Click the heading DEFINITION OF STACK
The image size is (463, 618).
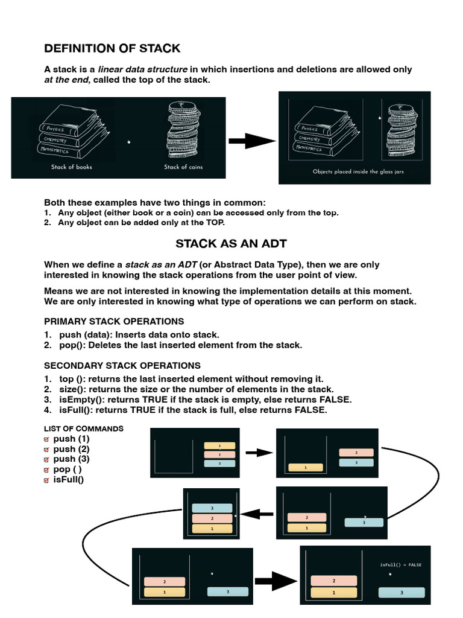[112, 48]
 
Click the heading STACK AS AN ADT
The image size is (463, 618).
[231, 243]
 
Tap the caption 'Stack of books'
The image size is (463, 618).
[71, 167]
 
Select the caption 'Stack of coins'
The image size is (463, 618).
[183, 167]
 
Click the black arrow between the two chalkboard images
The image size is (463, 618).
[251, 141]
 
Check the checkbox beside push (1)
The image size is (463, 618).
[48, 439]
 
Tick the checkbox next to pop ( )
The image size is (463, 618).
[48, 470]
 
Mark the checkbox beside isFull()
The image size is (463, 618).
[48, 480]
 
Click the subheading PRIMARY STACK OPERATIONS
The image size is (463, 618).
[114, 321]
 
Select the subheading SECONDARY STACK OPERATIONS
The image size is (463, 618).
[122, 365]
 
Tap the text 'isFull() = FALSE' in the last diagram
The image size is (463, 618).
[401, 565]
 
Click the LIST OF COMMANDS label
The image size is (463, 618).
[84, 428]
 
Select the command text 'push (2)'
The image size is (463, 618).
[71, 449]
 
